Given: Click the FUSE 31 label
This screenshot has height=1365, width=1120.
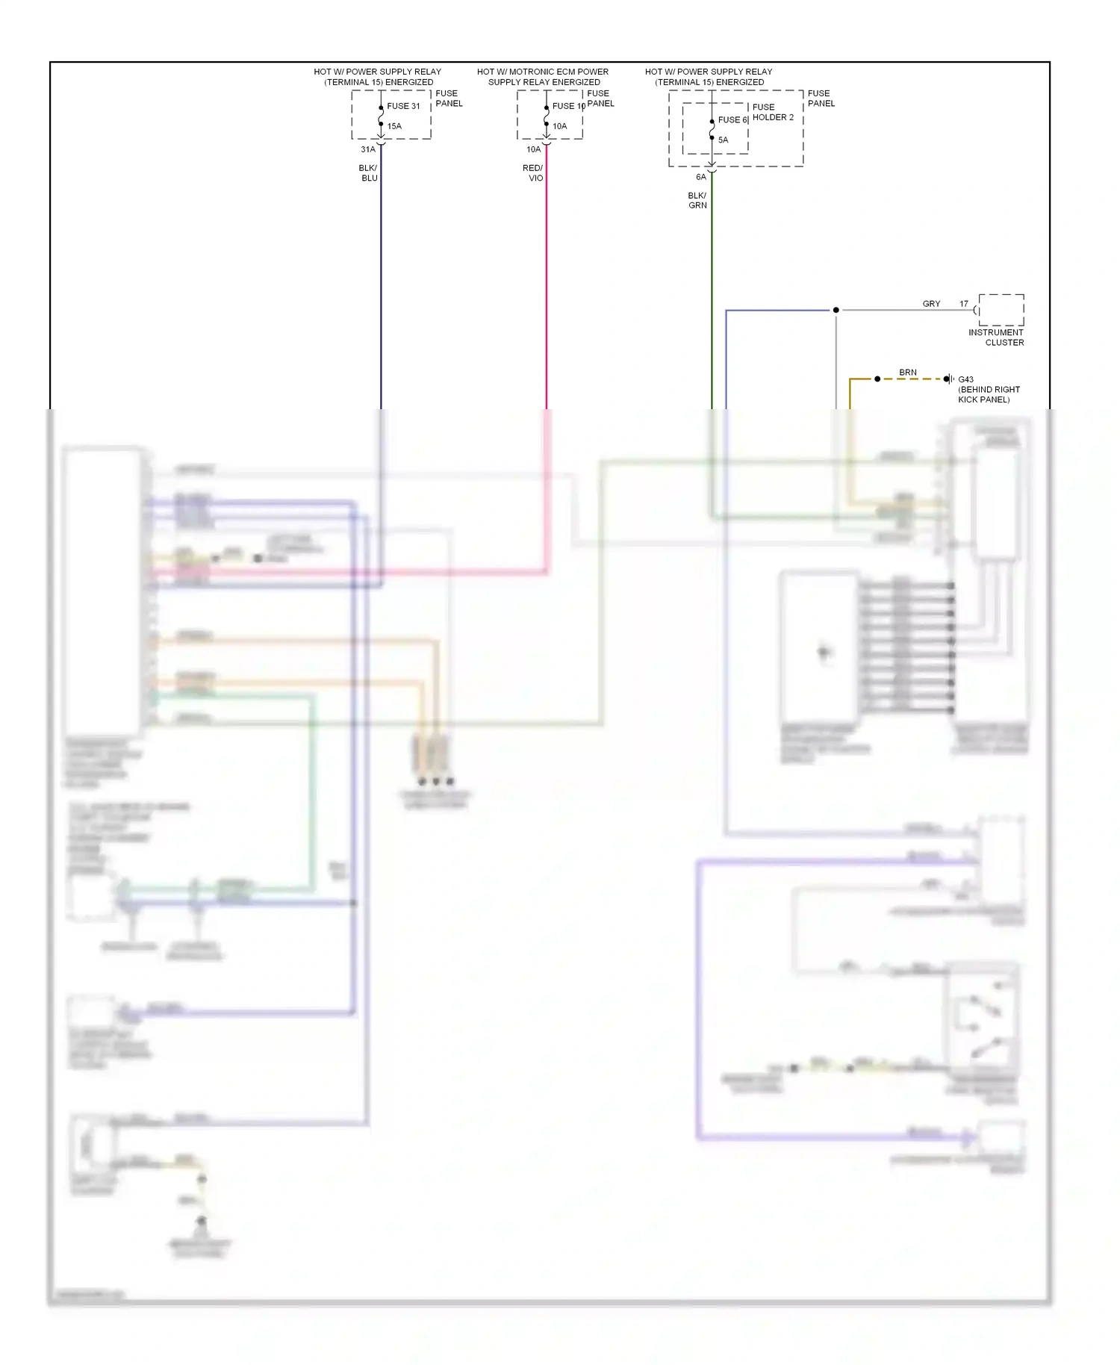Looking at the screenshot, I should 403,106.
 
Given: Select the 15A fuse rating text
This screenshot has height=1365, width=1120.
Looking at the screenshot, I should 394,126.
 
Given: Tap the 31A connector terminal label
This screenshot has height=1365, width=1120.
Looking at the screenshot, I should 368,149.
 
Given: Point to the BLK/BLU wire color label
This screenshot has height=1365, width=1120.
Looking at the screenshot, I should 369,173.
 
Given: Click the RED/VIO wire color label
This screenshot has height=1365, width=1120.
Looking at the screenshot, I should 533,173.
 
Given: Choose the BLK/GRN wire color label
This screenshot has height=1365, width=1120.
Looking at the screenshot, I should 697,200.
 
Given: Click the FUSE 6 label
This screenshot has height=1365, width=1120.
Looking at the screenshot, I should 732,119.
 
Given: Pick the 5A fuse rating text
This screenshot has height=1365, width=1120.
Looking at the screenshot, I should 723,140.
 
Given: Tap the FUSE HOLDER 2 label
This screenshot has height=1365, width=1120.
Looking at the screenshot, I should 773,112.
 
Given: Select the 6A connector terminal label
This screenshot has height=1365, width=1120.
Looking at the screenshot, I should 700,177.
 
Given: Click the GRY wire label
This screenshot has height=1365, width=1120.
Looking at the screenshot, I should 931,304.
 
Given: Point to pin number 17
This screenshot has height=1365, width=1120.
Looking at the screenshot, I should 964,304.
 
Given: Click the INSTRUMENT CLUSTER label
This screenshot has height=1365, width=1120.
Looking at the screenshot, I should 997,338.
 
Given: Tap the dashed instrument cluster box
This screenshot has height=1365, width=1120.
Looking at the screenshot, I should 1001,310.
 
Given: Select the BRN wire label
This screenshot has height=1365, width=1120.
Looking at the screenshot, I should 907,372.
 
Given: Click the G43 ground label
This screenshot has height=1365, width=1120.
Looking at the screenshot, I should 965,379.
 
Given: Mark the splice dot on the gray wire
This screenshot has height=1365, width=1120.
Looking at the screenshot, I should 836,310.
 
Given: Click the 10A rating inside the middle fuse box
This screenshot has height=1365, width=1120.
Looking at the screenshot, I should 559,126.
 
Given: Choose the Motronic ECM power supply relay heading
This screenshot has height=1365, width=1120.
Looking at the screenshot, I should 543,77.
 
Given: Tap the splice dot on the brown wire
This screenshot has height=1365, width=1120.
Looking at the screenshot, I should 877,379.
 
